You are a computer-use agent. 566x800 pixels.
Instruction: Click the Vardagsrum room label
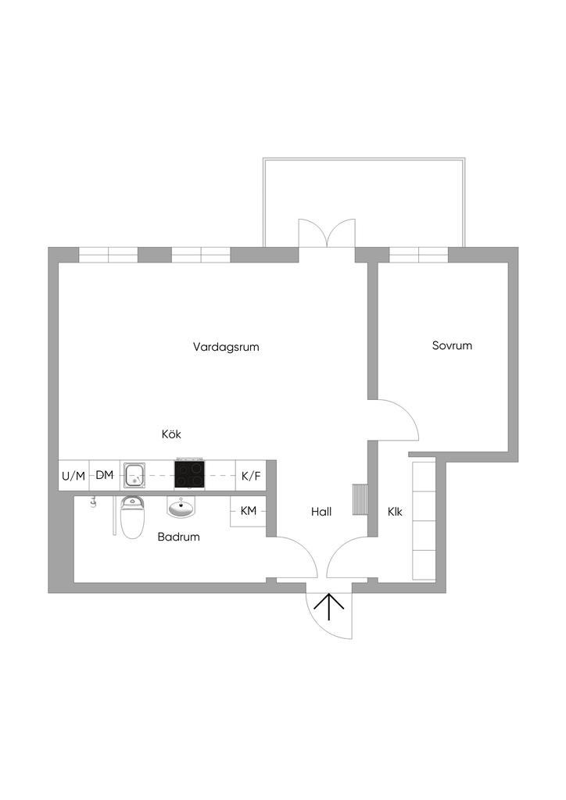226,346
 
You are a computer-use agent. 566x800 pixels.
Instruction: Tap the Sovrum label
452,345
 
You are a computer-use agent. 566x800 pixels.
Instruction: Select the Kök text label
171,434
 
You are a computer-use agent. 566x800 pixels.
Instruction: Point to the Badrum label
178,537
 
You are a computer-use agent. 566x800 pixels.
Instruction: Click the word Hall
321,512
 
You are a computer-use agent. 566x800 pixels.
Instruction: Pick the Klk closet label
395,512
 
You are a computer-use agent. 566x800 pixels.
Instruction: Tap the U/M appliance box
73,475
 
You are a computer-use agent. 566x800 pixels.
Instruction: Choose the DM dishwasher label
105,475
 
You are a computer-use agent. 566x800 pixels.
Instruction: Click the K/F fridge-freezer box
251,475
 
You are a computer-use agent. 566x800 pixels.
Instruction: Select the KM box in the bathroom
249,511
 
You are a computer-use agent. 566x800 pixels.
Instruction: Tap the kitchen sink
135,473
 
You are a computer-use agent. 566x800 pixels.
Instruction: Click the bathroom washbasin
182,509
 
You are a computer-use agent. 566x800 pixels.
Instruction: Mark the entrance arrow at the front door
329,606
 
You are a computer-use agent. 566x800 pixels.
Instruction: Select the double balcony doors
327,234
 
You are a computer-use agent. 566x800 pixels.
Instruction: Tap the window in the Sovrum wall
418,255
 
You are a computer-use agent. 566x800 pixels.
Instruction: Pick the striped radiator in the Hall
360,501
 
